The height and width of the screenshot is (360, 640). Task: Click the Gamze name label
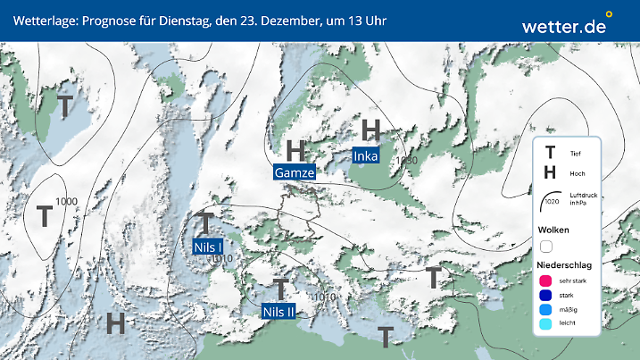click(295, 172)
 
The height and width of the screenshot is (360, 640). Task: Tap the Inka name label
click(366, 156)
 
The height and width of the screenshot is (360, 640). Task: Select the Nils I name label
click(208, 246)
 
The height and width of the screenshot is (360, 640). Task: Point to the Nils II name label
click(279, 311)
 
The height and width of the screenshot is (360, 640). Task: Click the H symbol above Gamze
click(295, 148)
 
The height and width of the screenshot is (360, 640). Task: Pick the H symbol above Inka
click(371, 130)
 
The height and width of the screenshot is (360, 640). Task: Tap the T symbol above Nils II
click(280, 289)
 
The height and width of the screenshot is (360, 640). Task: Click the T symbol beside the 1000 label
click(44, 215)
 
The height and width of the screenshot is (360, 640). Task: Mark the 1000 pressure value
click(65, 201)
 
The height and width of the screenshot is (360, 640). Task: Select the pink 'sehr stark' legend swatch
click(545, 280)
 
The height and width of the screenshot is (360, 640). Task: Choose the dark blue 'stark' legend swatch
click(545, 296)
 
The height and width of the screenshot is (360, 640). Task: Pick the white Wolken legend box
click(546, 246)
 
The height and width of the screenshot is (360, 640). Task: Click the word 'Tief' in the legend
click(576, 154)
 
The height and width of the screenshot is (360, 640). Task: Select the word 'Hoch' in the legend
click(577, 173)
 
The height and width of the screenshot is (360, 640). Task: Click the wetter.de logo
click(566, 26)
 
